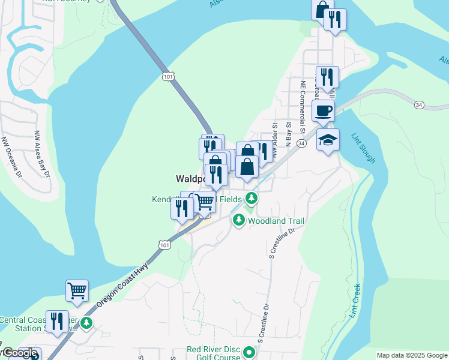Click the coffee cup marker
tap(324, 111)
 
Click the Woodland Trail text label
tap(276, 221)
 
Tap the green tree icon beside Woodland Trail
tap(239, 221)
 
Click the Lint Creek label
tap(355, 300)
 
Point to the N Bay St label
tap(288, 133)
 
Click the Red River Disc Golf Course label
tap(214, 353)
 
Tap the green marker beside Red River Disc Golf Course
tap(247, 351)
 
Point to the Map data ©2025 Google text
tap(412, 355)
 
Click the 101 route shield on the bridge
tap(168, 76)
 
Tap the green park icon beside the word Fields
tap(252, 199)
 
